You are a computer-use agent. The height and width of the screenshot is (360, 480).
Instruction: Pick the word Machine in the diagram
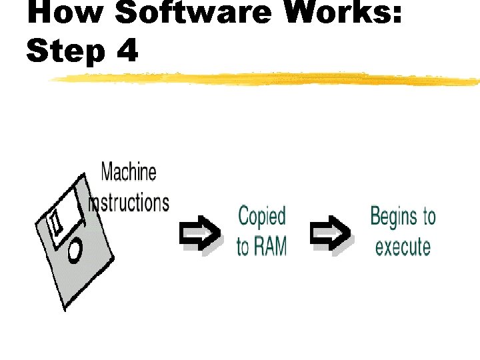[129, 172]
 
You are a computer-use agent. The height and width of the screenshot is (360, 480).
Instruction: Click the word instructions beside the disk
[129, 201]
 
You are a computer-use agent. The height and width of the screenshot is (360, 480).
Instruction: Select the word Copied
[262, 216]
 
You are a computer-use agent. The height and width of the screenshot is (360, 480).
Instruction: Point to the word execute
[403, 246]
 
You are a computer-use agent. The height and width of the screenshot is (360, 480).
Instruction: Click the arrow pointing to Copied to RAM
[201, 234]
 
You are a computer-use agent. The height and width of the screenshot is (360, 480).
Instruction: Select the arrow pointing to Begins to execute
[331, 234]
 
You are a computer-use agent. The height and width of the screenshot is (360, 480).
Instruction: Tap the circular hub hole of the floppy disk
[74, 250]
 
